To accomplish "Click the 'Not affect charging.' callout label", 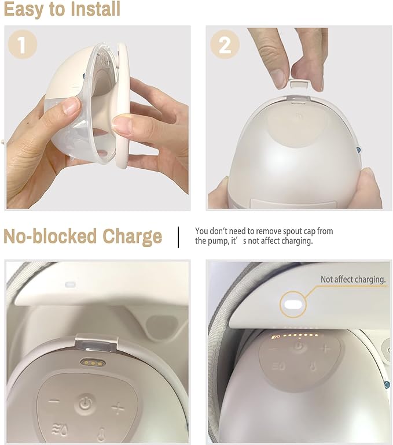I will (353, 280).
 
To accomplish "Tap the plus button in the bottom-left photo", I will (117, 409).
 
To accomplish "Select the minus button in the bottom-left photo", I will (53, 402).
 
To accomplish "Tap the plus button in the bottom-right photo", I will (325, 348).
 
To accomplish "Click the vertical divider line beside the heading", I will (178, 236).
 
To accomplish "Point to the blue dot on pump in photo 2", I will (359, 150).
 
